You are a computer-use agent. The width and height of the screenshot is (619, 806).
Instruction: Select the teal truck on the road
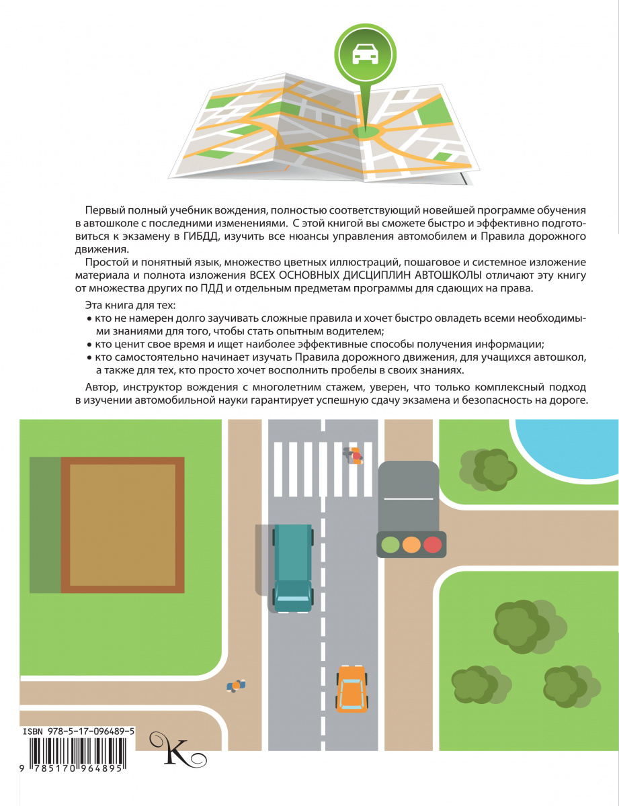pos(293,568)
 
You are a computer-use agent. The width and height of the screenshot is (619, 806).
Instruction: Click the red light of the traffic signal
pos(432,545)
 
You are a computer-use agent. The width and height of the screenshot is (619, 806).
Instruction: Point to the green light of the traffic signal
pos(390,545)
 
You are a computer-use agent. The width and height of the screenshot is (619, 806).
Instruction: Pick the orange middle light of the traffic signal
pos(411,545)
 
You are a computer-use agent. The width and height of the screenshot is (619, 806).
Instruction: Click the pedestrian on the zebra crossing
pos(354,455)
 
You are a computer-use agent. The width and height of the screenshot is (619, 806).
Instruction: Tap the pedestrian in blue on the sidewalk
pos(236,686)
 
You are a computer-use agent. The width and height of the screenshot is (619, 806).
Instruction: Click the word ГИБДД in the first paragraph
pos(201,236)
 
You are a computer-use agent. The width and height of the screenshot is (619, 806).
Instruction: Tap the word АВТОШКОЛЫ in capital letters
pos(449,275)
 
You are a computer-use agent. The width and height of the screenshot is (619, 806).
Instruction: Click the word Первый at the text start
pos(104,210)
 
